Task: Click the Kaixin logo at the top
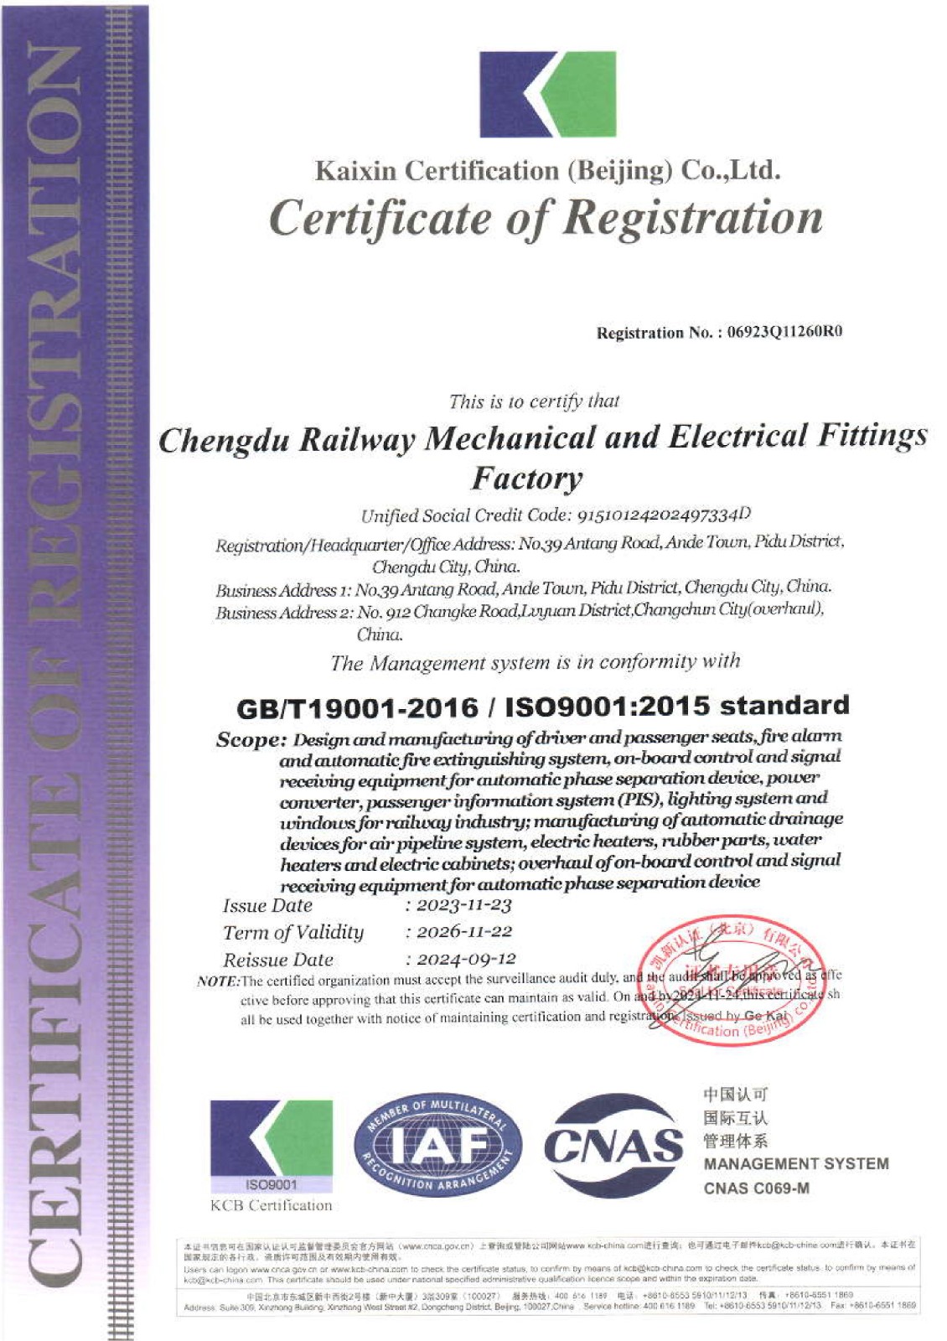point(547,94)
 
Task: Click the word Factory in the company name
point(526,479)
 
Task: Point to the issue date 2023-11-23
point(463,905)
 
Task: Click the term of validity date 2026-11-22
point(463,932)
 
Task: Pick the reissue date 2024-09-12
point(466,959)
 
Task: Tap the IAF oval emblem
point(437,1145)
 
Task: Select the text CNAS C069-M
point(756,1188)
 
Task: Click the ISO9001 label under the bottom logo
point(271,1184)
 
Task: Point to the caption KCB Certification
point(271,1205)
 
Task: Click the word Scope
point(250,740)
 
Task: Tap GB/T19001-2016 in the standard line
point(357,708)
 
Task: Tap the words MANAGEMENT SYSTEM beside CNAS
point(796,1163)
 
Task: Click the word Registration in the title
point(693,218)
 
